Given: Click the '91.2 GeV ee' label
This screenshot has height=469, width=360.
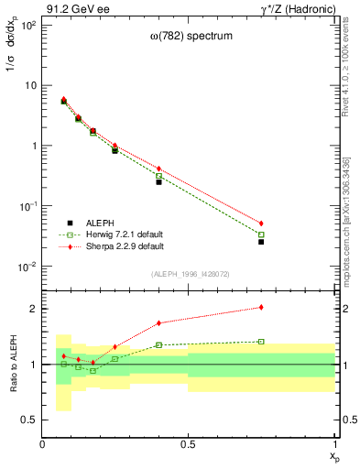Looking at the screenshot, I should [74, 7].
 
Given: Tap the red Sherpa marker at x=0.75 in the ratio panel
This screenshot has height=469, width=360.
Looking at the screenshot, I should [261, 308].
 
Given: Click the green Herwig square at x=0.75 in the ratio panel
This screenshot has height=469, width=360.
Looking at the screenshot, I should [261, 342].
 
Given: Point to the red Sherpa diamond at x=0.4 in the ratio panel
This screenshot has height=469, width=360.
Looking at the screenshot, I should [158, 322].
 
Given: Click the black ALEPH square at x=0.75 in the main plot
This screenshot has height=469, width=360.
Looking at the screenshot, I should [261, 242].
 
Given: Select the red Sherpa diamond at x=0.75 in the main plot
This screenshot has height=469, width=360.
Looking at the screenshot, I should [261, 224].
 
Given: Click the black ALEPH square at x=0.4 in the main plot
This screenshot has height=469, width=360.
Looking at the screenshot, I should [158, 181].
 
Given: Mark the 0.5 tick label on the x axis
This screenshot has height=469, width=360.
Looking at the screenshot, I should [189, 444].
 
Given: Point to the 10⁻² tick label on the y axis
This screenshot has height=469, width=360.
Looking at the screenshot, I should [28, 267].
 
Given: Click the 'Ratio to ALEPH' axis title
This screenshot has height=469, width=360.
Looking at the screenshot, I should [13, 364].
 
